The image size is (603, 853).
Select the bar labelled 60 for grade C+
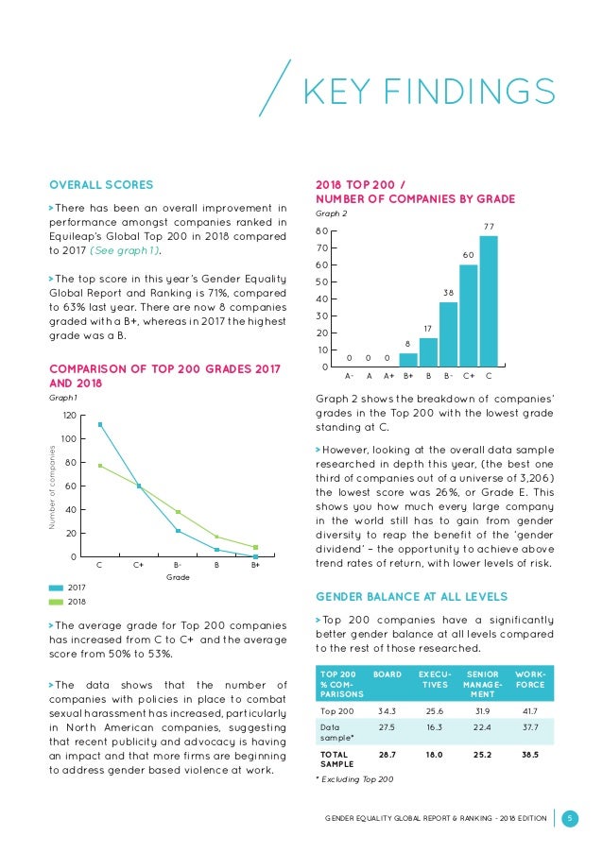[468, 316]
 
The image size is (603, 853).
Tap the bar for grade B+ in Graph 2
[408, 360]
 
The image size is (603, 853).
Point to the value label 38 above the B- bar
[448, 293]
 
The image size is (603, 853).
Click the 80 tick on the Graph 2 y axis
[321, 230]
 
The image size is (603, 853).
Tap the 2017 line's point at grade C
[100, 424]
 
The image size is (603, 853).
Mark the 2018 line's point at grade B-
[178, 512]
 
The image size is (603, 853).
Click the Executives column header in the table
[434, 681]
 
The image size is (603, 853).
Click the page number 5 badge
[570, 818]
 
